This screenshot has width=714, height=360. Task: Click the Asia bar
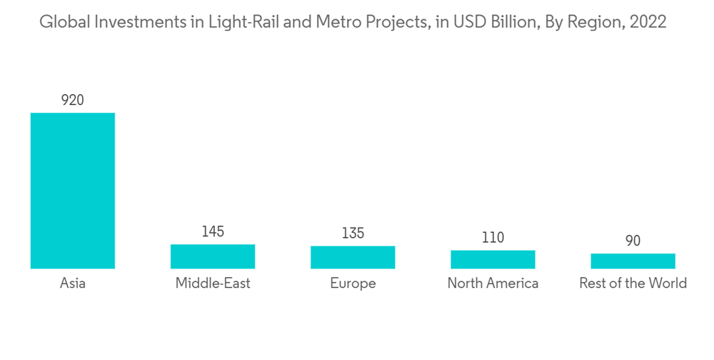(72, 191)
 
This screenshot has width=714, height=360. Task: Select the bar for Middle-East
(213, 256)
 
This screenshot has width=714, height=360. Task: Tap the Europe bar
(353, 257)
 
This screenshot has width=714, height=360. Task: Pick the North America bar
(493, 259)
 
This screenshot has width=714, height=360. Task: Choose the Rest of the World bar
(633, 261)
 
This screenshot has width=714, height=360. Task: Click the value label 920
(72, 100)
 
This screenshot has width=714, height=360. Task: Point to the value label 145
(213, 231)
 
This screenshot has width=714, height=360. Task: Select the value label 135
(353, 233)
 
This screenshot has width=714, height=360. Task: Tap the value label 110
(493, 237)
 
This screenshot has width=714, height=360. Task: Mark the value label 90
(633, 241)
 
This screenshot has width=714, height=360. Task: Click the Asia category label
(72, 284)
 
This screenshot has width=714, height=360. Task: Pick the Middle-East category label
(213, 284)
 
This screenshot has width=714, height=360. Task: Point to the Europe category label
(353, 284)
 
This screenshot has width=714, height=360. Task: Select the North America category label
(493, 284)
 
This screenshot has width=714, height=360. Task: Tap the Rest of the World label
(633, 284)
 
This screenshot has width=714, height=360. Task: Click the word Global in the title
(60, 22)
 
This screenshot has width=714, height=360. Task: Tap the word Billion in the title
(509, 22)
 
